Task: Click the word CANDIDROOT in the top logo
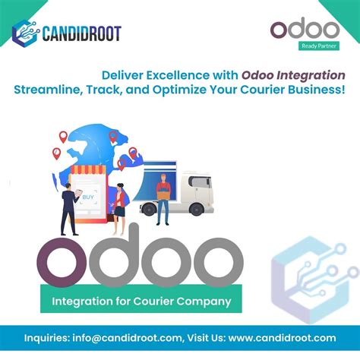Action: coord(81,33)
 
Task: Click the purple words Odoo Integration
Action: coord(294,76)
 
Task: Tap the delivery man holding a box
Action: coord(163,198)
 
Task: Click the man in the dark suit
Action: coord(69,208)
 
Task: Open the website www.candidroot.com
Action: coord(281,337)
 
